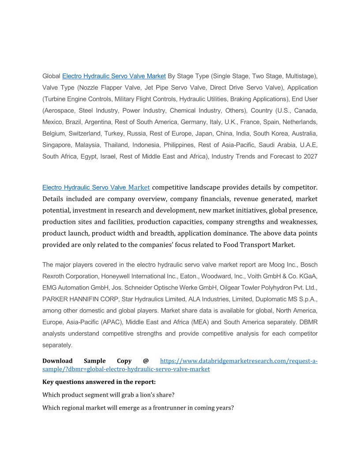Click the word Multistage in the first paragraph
pyautogui.click(x=300, y=76)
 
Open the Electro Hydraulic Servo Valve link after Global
pyautogui.click(x=114, y=76)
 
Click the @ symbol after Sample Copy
pyautogui.click(x=146, y=361)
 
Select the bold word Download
pyautogui.click(x=57, y=361)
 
